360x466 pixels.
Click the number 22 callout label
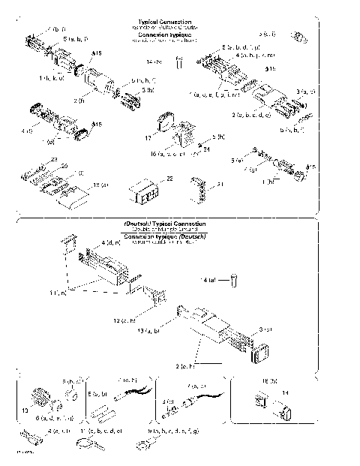[169, 179]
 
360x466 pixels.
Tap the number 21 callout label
[220, 184]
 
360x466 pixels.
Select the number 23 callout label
[53, 159]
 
